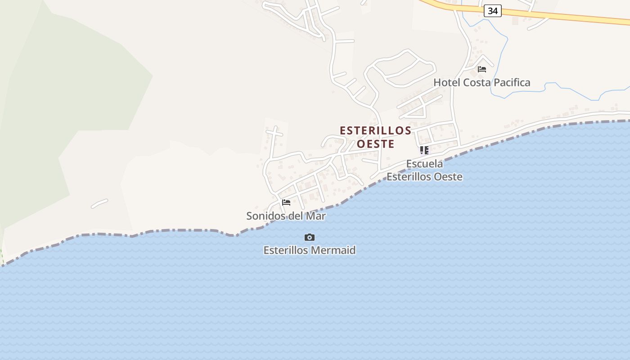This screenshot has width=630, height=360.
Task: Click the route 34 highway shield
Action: pos(493,11)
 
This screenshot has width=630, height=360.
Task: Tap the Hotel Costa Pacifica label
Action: pos(481,82)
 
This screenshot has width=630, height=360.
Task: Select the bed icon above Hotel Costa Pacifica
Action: pos(482,69)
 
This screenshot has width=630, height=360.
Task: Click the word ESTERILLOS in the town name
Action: pos(375,130)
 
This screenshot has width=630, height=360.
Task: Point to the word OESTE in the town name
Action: pos(375,144)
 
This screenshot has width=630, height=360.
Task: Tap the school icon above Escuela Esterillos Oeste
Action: pos(424,150)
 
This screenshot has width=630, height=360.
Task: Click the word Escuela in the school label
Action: pos(424,164)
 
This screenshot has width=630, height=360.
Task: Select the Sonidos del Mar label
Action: pos(286,216)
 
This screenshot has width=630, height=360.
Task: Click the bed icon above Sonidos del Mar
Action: pos(286,202)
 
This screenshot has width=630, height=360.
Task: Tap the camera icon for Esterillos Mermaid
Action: pos(310,237)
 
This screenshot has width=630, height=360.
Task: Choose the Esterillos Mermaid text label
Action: pos(310,250)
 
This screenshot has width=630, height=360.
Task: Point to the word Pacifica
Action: pos(512,82)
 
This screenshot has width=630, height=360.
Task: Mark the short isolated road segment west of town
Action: pos(99,203)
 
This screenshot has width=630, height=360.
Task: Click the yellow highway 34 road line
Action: pos(562,16)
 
